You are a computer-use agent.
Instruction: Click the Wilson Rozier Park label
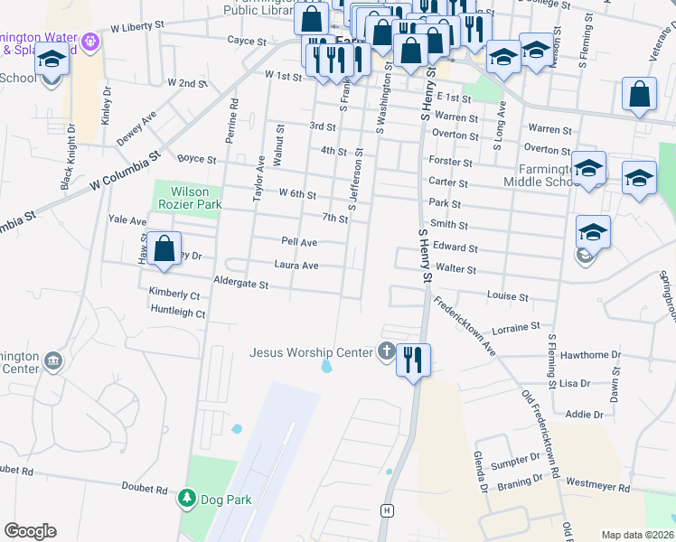coord(183,198)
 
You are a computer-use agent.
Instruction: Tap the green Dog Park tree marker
coord(187,498)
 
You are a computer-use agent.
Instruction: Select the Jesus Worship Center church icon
coord(387,351)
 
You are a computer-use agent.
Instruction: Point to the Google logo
coord(30,531)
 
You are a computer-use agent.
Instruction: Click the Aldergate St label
coord(240,285)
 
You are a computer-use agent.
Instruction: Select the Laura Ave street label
coord(296,266)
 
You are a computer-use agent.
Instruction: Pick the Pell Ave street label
coord(299,242)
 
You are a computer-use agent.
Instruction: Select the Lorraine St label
coord(515,325)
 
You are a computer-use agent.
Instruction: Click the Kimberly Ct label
coord(174,294)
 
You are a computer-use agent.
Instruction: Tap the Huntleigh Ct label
coord(178,313)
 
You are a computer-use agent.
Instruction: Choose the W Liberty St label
coord(139,28)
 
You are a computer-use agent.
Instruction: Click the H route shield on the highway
coord(388,510)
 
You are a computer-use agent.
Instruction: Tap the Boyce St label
coord(196,159)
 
